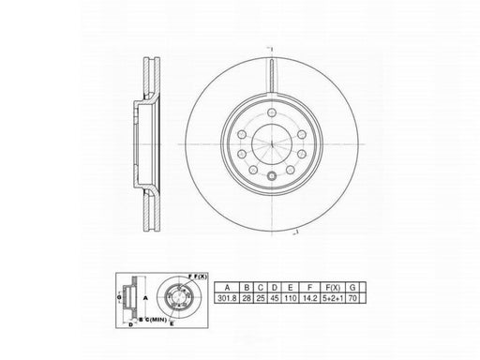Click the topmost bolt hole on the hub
(x=269, y=112)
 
